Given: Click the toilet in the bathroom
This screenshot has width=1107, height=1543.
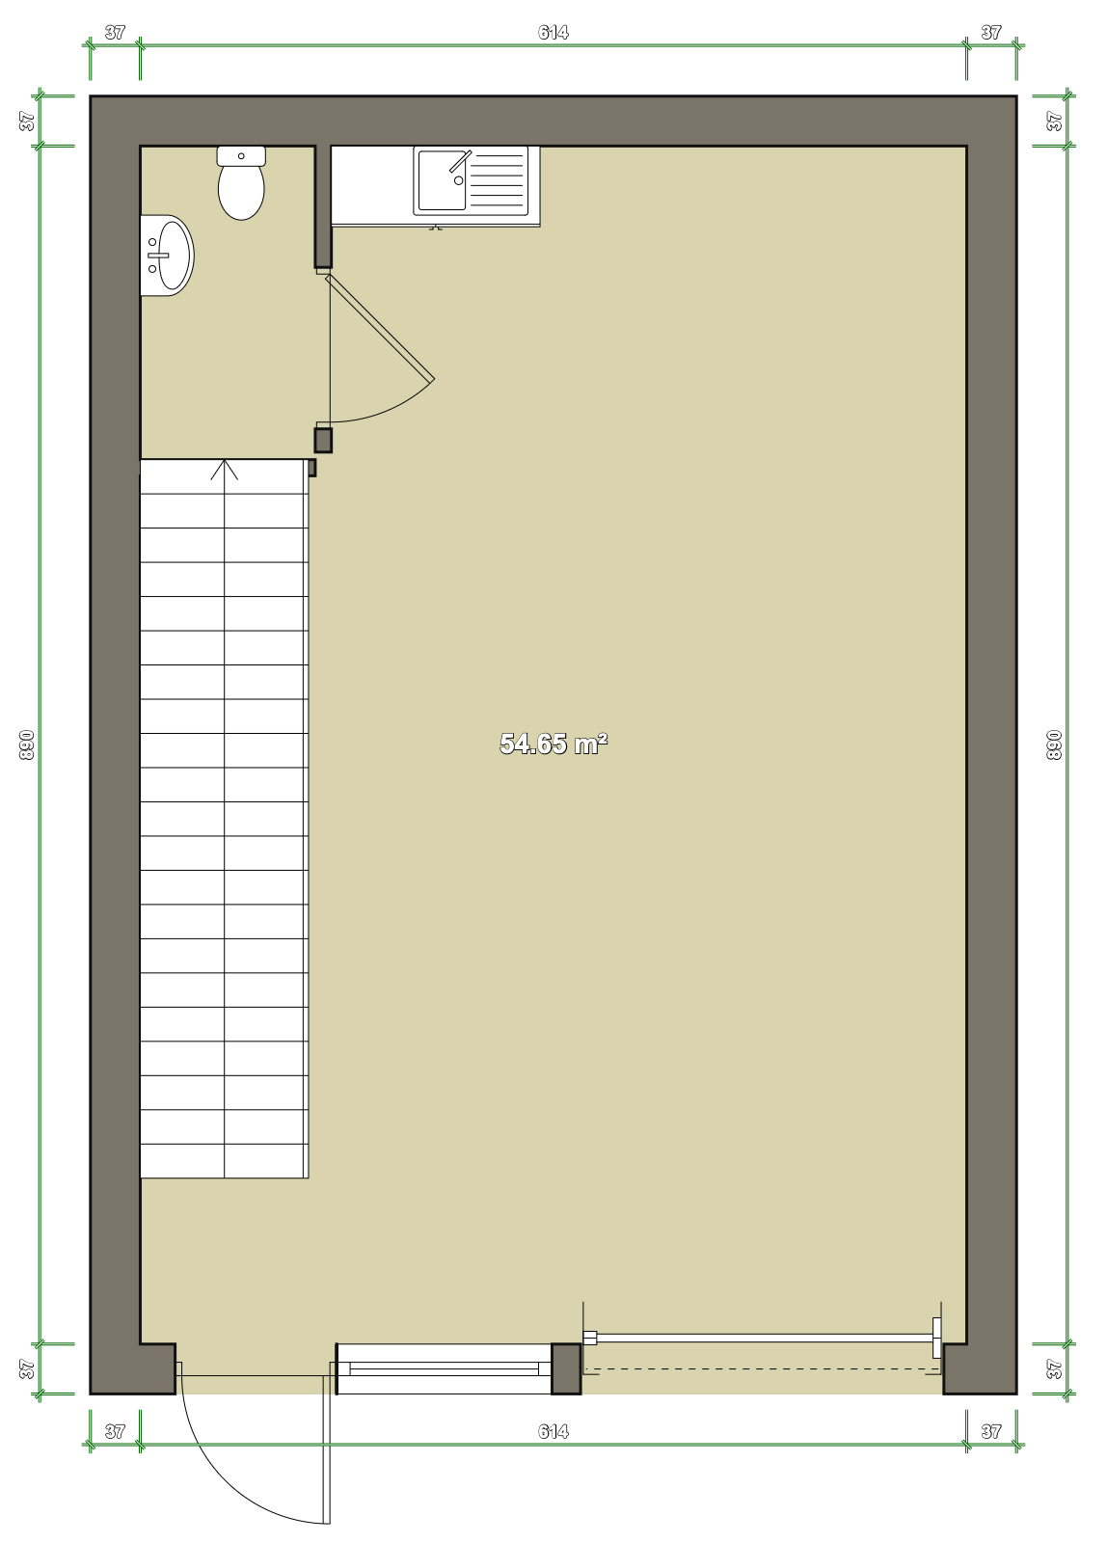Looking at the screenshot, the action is (241, 183).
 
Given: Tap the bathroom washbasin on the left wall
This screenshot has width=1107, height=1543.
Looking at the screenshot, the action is (168, 256).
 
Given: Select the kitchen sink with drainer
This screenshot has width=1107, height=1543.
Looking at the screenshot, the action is (472, 180).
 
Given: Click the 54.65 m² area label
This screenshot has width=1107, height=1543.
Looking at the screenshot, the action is (553, 744).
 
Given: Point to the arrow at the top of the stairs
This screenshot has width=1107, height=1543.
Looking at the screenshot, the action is (225, 470).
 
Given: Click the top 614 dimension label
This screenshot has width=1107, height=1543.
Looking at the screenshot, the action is (553, 33).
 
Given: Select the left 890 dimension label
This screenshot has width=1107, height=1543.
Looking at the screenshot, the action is (26, 744).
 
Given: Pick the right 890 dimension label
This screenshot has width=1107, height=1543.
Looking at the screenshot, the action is (1054, 744).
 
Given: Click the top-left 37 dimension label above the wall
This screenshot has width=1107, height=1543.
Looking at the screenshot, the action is (115, 33).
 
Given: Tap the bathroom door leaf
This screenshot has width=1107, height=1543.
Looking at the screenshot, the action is (380, 327).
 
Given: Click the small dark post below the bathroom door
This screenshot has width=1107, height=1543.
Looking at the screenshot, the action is (323, 440).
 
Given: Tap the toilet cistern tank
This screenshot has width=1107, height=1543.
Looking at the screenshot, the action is (241, 155).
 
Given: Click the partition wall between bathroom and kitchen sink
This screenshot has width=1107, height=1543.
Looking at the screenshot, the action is (323, 206).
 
